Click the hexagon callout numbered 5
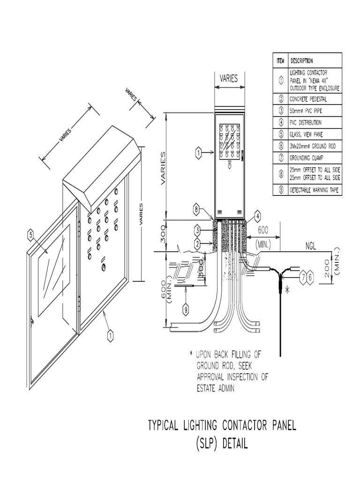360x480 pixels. click(31, 236)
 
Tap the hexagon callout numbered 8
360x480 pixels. click(197, 210)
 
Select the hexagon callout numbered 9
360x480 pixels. click(186, 309)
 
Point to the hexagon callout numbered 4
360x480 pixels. click(257, 217)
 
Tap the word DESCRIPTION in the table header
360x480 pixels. click(302, 60)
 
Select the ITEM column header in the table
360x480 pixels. click(280, 60)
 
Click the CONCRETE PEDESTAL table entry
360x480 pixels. click(309, 99)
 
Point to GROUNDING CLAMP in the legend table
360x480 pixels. click(307, 158)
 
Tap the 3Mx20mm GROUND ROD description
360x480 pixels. click(313, 146)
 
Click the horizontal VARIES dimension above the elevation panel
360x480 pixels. click(229, 79)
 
